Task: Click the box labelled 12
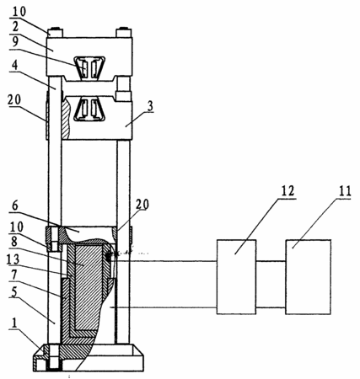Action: coord(236,276)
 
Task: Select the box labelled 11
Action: coord(309,276)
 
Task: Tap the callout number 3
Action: coord(151,106)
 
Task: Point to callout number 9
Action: coord(15,42)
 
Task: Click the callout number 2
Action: coord(15,27)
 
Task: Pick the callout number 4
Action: coord(14,66)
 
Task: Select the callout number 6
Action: coord(15,206)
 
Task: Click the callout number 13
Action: coord(13,259)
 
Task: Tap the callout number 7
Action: coord(14,276)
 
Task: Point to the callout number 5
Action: coord(14,292)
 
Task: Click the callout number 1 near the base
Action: coord(14,323)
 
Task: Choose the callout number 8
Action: coord(14,242)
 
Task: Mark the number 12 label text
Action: coord(287,191)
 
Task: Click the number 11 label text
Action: coord(345,191)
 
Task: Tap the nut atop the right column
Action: coord(124,32)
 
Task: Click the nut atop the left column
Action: coord(56,32)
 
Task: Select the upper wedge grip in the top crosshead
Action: coord(89,67)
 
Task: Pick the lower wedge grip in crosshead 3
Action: coord(89,109)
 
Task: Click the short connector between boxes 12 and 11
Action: coord(271,285)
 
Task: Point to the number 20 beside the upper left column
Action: coord(14,99)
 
